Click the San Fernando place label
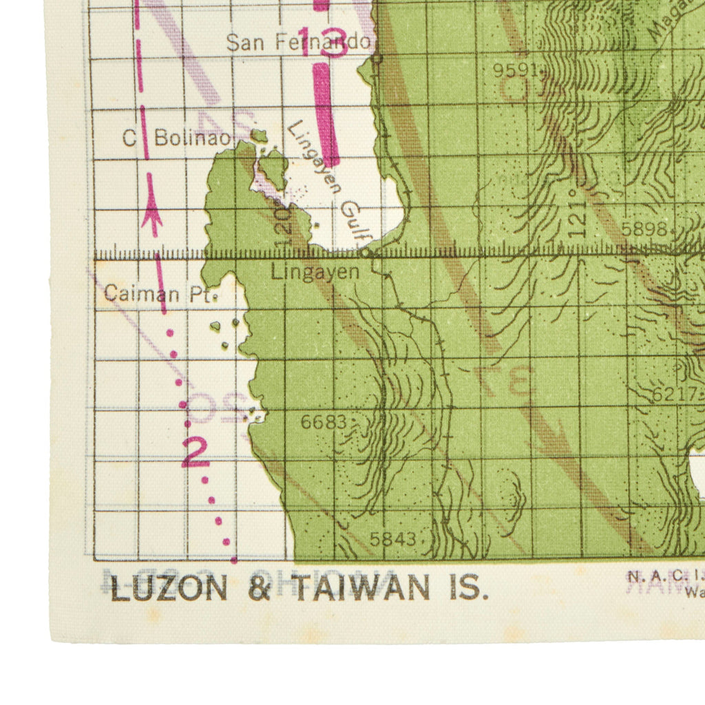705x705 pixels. click(x=297, y=43)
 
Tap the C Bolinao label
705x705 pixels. click(x=176, y=138)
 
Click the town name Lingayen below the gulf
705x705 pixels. click(x=315, y=272)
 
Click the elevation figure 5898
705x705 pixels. click(x=644, y=229)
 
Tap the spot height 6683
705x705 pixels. click(x=324, y=422)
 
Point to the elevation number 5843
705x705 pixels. click(x=392, y=539)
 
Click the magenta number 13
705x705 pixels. click(x=322, y=43)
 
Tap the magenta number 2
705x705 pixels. click(x=195, y=452)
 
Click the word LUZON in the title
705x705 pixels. click(x=169, y=589)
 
